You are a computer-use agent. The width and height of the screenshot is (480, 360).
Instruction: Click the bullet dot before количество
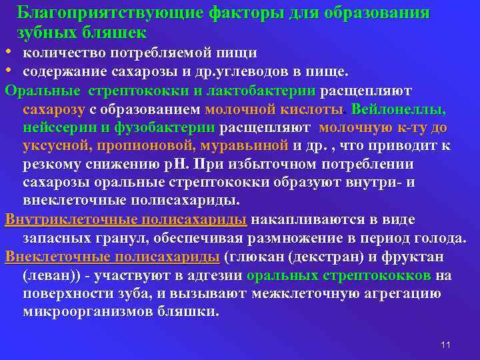[x=7, y=52]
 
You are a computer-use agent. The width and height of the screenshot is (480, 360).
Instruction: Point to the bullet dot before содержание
[x=7, y=71]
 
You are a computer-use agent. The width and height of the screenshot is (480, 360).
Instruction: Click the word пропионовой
[x=146, y=145]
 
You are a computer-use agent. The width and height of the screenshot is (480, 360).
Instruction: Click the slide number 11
[x=446, y=344]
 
